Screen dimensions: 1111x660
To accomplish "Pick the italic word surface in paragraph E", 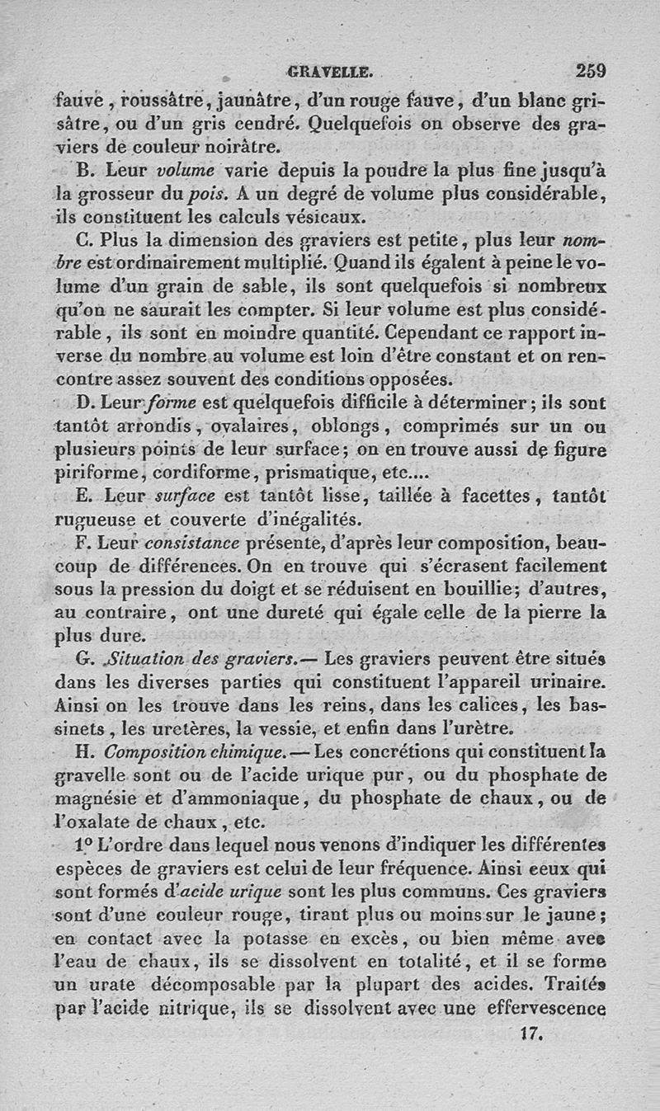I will pyautogui.click(x=191, y=497).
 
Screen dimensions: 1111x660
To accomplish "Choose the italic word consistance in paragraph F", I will pyautogui.click(x=192, y=544).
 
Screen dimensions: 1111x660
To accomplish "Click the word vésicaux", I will pyautogui.click(x=327, y=219).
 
